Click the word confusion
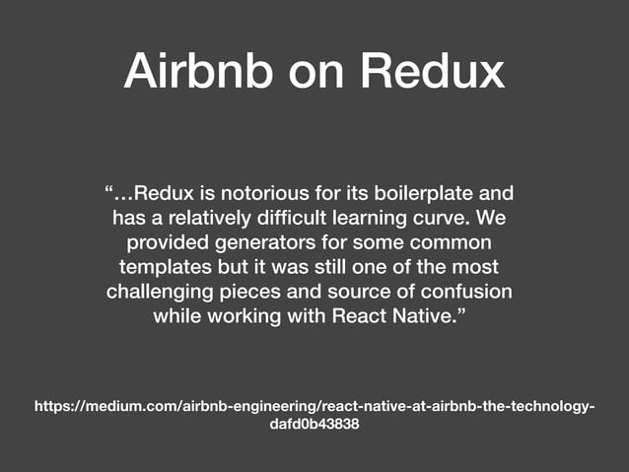pos(468,292)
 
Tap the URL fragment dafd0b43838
pos(314,423)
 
